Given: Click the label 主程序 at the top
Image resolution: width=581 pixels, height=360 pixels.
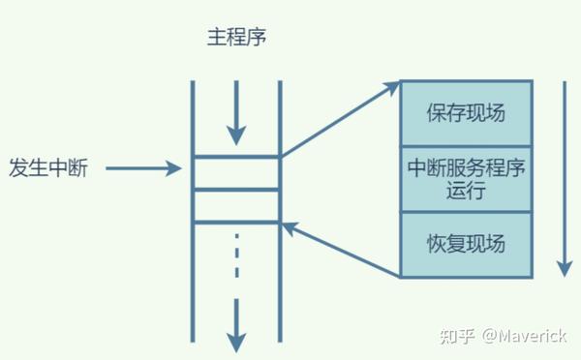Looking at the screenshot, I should (x=236, y=38).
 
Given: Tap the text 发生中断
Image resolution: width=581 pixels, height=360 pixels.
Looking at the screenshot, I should (x=47, y=168).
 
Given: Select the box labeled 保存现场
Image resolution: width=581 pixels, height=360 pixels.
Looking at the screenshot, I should (x=466, y=112).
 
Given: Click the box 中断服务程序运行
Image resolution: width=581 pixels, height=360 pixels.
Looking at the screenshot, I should (x=466, y=178).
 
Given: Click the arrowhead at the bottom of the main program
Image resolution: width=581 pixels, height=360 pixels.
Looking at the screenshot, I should (x=236, y=341).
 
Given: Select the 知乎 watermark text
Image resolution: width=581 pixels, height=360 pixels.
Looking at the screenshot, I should (x=456, y=337).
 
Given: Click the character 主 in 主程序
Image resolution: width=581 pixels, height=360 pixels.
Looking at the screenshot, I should (x=216, y=38).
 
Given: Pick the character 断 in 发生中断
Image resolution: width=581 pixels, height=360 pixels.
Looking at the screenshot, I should (x=77, y=168).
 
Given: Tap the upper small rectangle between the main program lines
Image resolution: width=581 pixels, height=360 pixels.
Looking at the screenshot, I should (x=236, y=172).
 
